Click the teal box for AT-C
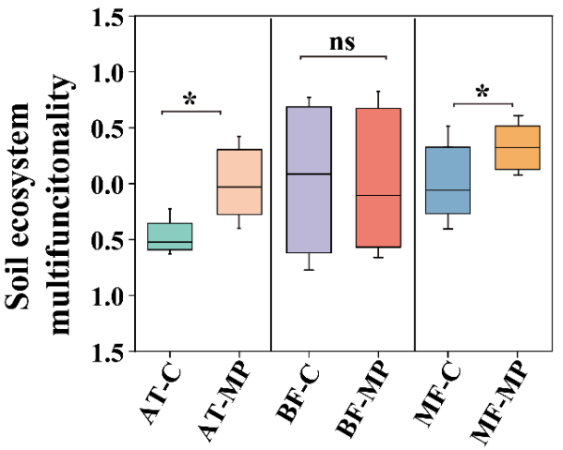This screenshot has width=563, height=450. tap(170, 236)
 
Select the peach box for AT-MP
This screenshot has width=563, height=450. tap(239, 182)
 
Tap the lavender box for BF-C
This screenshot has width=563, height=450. tap(309, 180)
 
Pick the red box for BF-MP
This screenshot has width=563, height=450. tap(378, 178)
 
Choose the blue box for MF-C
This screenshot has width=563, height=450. tap(448, 180)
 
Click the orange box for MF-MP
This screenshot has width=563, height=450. tap(517, 147)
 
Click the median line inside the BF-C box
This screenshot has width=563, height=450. tap(309, 174)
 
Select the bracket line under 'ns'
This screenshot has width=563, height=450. tap(343, 56)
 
